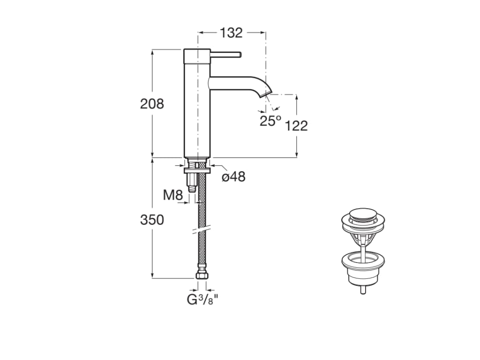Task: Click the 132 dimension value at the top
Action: [231, 33]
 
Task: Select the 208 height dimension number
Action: [152, 104]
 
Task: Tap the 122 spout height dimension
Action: [296, 126]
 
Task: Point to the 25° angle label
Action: [270, 121]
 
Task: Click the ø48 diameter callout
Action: [233, 177]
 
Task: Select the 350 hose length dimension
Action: [152, 219]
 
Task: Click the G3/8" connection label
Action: [202, 300]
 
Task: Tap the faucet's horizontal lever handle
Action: [225, 55]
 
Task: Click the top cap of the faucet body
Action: [197, 55]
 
